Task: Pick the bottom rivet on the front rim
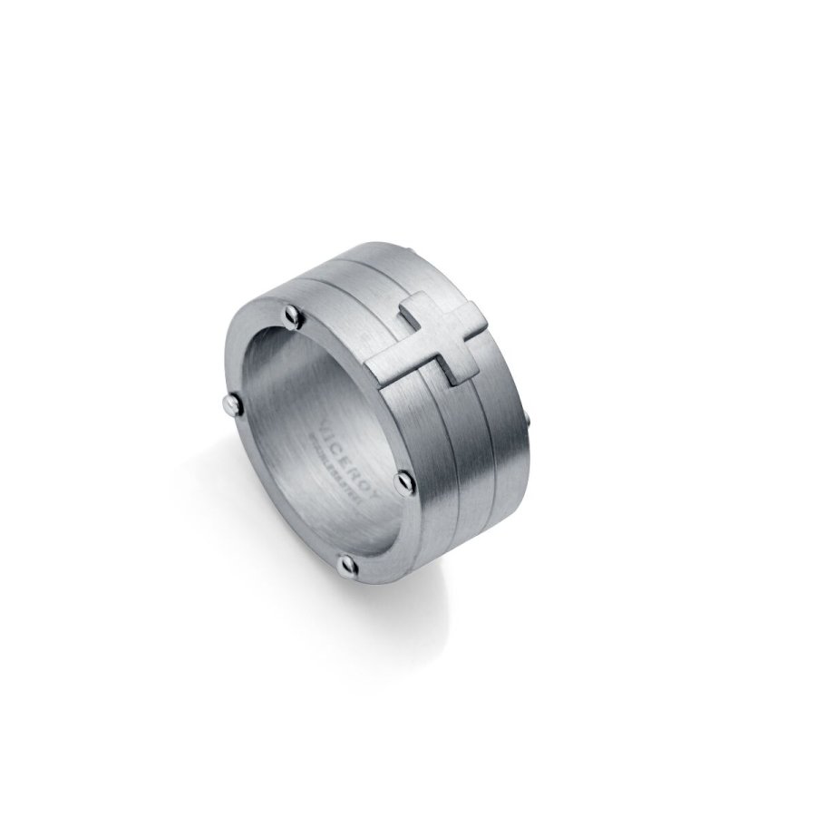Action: click(x=345, y=568)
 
